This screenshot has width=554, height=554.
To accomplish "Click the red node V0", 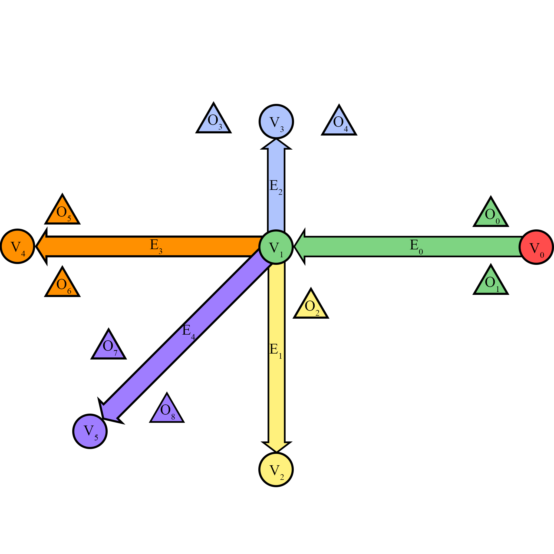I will click(536, 247).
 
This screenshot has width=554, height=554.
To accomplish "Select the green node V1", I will click(276, 247).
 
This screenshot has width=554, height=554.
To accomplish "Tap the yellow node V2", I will click(276, 469).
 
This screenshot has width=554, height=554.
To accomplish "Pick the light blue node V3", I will click(276, 121).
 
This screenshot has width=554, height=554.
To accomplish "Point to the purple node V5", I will click(90, 431).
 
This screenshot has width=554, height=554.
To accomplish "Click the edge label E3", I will click(156, 246).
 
